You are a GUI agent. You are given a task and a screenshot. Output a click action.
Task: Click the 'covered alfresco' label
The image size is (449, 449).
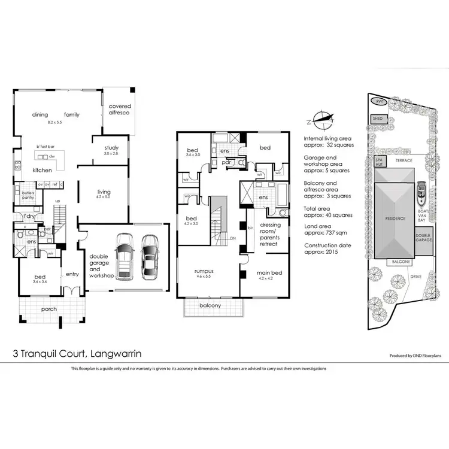coord(120,110)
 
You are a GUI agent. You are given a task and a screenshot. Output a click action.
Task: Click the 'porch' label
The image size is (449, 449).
coord(50,310)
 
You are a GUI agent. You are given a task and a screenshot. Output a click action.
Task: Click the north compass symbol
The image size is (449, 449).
coord(323,118)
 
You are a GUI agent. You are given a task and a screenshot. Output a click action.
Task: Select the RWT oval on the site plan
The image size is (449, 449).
coord(378,102)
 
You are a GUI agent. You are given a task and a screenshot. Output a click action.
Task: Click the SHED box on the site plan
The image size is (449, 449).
coord(377,119)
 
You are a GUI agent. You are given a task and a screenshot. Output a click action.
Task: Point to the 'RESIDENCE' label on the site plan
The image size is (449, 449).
coord(395,219)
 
